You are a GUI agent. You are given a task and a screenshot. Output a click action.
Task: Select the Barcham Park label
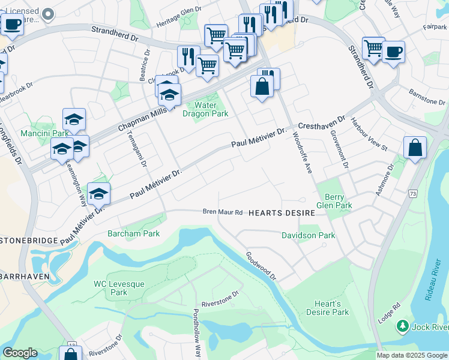click(x=133, y=233)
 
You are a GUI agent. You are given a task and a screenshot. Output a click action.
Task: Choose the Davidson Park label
click(x=309, y=236)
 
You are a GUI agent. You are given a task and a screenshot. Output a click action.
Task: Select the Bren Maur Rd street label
click(x=222, y=212)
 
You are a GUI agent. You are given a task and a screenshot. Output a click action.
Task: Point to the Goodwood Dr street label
click(x=260, y=266)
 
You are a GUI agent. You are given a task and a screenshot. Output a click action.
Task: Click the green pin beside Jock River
click(x=402, y=326)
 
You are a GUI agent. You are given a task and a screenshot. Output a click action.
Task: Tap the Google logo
click(x=20, y=353)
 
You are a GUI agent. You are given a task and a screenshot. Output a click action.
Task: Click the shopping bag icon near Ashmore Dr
click(x=415, y=147)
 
